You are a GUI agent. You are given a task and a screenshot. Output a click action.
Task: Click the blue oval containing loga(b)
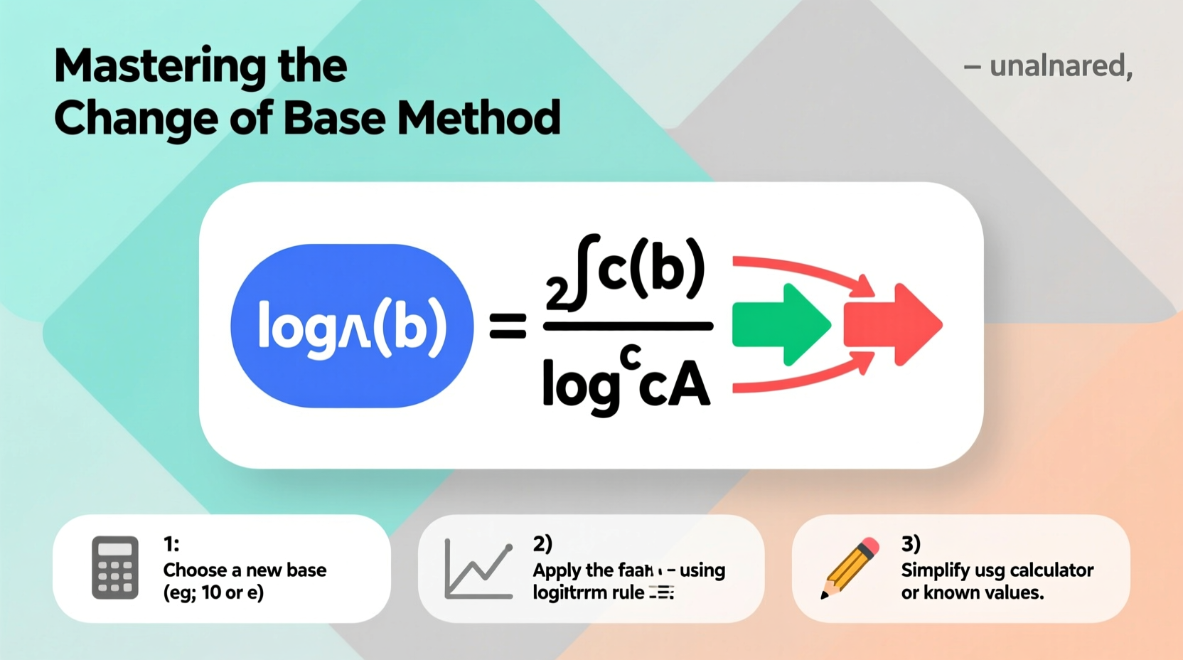(x=352, y=326)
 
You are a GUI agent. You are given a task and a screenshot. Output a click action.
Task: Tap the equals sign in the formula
(x=508, y=326)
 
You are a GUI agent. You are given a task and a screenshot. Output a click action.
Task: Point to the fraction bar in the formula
(x=628, y=326)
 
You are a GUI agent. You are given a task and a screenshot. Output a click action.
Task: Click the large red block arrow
(x=893, y=325)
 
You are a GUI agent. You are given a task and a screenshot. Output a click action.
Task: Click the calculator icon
(x=115, y=568)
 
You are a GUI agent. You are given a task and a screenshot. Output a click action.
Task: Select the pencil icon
(x=850, y=569)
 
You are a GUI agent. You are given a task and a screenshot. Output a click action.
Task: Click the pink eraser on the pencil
(x=870, y=546)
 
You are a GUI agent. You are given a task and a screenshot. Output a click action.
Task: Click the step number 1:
(x=171, y=544)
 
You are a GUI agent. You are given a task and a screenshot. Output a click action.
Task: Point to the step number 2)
(x=542, y=544)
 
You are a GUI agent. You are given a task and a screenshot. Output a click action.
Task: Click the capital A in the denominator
(x=691, y=386)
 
